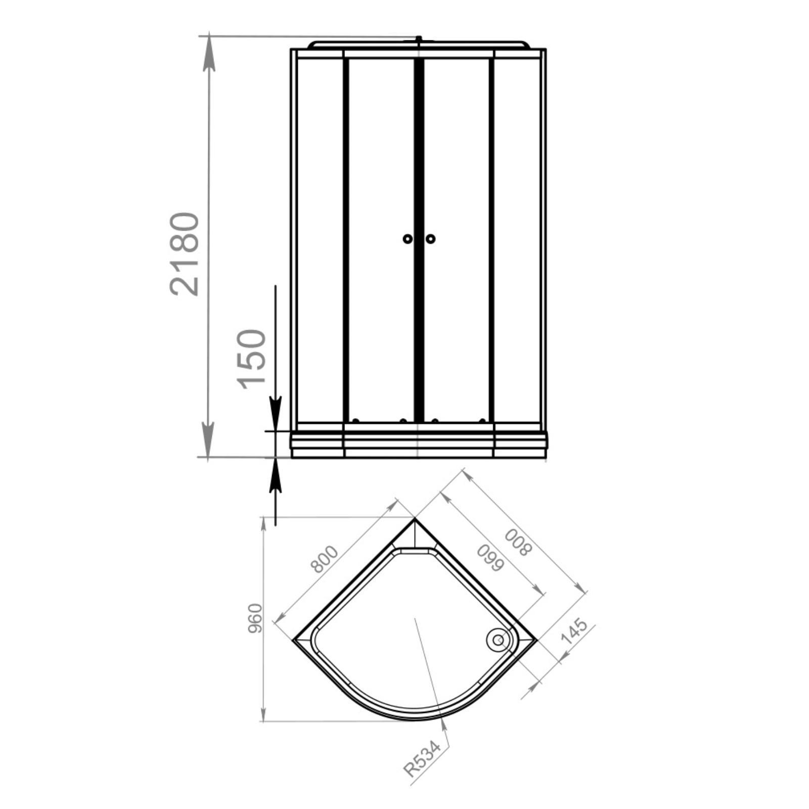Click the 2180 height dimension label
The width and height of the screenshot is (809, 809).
pyautogui.click(x=185, y=254)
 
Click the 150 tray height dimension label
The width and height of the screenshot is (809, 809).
pyautogui.click(x=251, y=359)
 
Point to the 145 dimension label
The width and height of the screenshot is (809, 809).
pyautogui.click(x=574, y=632)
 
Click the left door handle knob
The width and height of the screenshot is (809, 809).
pyautogui.click(x=408, y=239)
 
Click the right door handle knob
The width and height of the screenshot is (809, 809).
pyautogui.click(x=430, y=239)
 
